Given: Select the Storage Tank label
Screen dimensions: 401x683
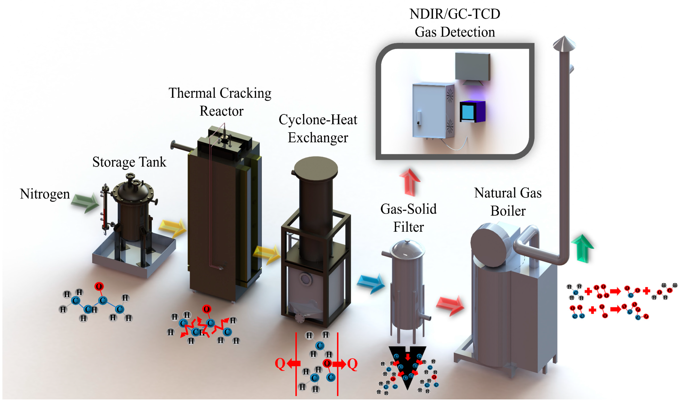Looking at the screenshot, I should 129,162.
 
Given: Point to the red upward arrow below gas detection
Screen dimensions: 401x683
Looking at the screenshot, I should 410,182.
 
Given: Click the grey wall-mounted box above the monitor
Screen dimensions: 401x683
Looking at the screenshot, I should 472,66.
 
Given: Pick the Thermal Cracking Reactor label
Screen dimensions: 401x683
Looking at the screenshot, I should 220,102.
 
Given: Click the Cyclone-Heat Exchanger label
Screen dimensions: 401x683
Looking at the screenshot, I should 318,129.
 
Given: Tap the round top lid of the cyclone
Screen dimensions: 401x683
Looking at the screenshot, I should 316,169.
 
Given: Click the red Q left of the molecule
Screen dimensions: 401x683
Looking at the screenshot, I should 280,364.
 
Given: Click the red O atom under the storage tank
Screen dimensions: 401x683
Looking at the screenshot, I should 99,286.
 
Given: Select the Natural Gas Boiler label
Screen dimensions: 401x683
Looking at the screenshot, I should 508,202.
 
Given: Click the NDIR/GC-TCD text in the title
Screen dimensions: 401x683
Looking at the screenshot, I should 455,14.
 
